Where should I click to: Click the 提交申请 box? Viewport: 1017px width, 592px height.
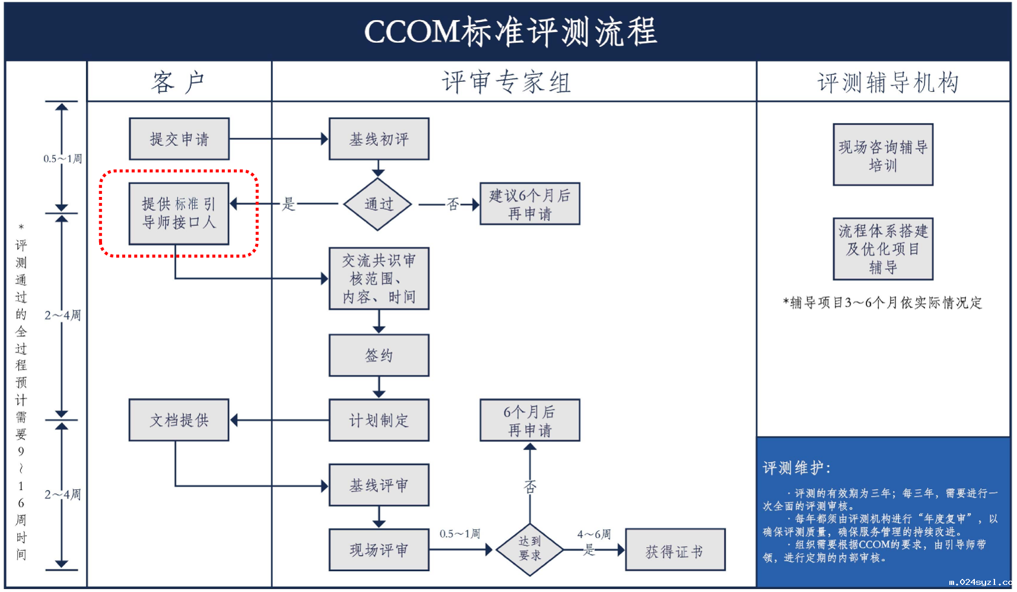click(179, 139)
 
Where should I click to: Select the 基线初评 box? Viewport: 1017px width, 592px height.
click(379, 139)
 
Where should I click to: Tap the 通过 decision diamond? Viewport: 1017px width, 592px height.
click(378, 204)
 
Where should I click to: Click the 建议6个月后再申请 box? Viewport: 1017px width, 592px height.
click(529, 203)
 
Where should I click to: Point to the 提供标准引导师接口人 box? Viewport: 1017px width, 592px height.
click(179, 214)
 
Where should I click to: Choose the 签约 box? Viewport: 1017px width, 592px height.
click(379, 355)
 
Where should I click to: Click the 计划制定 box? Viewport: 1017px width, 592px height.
click(379, 420)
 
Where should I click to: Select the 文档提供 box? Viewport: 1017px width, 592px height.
click(179, 420)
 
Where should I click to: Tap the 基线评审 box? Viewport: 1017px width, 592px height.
click(379, 485)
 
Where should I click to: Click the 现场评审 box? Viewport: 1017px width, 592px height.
click(379, 550)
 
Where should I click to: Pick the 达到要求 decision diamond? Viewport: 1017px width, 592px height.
click(529, 549)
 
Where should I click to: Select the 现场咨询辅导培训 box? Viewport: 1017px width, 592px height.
click(883, 155)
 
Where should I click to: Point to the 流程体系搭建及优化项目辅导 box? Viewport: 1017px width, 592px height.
click(883, 249)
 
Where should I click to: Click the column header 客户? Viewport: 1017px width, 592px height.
click(179, 82)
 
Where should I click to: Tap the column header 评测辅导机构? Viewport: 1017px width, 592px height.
click(888, 82)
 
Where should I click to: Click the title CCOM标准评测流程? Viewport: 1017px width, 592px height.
click(510, 31)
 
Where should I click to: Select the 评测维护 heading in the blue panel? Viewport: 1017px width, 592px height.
click(797, 467)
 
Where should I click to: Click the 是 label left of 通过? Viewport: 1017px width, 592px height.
click(288, 204)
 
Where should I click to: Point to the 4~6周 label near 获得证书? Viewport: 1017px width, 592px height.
click(594, 534)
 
